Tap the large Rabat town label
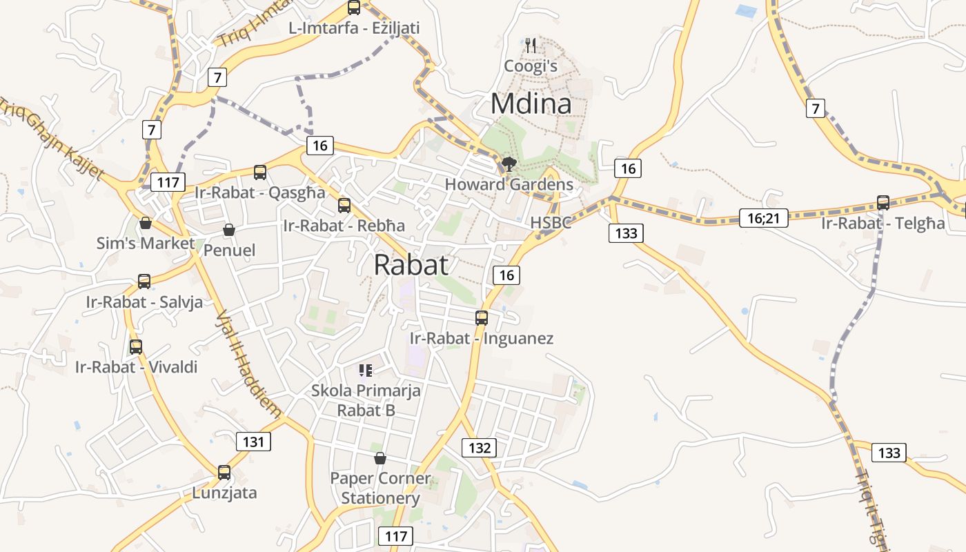pyautogui.click(x=411, y=265)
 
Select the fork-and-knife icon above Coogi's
pyautogui.click(x=531, y=46)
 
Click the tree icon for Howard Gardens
pyautogui.click(x=509, y=164)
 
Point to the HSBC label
pyautogui.click(x=551, y=223)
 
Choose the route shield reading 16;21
pyautogui.click(x=763, y=219)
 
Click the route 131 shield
pyautogui.click(x=253, y=442)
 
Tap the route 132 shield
pyautogui.click(x=479, y=448)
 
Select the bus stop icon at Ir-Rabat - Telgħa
pyautogui.click(x=883, y=203)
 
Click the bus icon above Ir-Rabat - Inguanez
pyautogui.click(x=482, y=318)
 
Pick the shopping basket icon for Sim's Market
pyautogui.click(x=145, y=223)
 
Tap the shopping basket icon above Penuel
pyautogui.click(x=229, y=230)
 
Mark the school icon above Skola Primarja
pyautogui.click(x=366, y=371)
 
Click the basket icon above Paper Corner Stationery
pyautogui.click(x=379, y=458)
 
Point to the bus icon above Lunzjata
pyautogui.click(x=224, y=473)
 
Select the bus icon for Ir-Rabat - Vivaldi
pyautogui.click(x=136, y=346)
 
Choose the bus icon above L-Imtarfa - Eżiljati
pyautogui.click(x=354, y=8)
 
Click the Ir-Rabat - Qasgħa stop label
pyautogui.click(x=259, y=193)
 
